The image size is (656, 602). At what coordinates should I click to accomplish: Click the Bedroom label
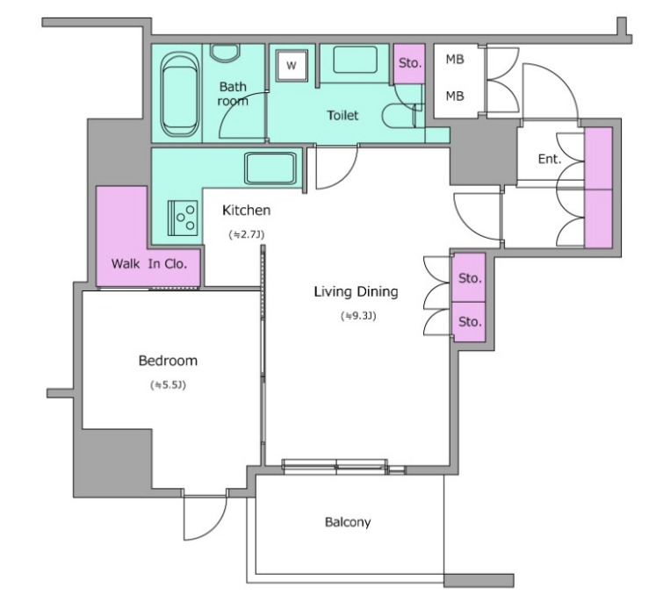click(x=168, y=361)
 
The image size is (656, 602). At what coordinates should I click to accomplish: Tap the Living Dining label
click(x=356, y=291)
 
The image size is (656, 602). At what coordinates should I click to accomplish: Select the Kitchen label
click(x=247, y=210)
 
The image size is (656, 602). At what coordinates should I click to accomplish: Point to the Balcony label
click(x=348, y=522)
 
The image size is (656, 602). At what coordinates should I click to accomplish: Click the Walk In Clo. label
click(x=149, y=264)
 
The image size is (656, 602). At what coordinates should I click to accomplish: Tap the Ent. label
click(x=550, y=159)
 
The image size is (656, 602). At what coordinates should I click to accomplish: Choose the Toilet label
click(x=342, y=115)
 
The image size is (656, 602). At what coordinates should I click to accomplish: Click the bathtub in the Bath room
click(x=180, y=94)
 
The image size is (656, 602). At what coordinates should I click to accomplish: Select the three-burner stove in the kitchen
click(x=183, y=218)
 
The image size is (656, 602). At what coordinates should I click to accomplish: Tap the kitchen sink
click(x=270, y=168)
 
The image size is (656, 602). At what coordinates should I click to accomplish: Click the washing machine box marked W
click(x=292, y=65)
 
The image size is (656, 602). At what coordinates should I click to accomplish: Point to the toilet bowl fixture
click(x=399, y=115)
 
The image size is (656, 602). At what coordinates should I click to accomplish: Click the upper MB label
click(x=455, y=60)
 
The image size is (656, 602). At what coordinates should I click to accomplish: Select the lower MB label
click(x=455, y=97)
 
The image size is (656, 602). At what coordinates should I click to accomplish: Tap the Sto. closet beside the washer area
click(x=409, y=63)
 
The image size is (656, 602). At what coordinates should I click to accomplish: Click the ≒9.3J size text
click(x=358, y=316)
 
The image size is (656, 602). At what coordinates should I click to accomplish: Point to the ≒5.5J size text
click(x=168, y=385)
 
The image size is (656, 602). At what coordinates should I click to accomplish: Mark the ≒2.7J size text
click(x=247, y=234)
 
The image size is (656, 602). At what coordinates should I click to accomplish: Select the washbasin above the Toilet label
click(x=355, y=60)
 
